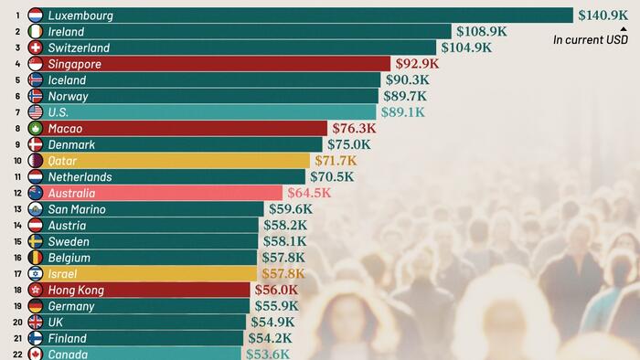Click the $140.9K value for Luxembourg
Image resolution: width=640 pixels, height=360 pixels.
click(604, 15)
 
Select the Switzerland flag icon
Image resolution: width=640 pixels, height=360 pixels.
click(36, 48)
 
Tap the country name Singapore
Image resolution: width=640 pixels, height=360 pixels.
click(74, 64)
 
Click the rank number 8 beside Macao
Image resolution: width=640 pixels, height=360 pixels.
click(16, 129)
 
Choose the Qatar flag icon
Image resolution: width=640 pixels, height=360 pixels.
click(36, 161)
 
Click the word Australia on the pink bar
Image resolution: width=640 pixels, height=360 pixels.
click(71, 194)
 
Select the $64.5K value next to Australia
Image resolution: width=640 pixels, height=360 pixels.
click(309, 193)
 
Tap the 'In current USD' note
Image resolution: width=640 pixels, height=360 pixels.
click(591, 39)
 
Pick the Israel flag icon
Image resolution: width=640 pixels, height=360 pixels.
click(36, 274)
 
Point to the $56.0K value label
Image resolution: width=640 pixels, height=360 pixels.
click(277, 290)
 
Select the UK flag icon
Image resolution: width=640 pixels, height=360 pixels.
click(36, 323)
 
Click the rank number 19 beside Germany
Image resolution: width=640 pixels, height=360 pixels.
click(16, 306)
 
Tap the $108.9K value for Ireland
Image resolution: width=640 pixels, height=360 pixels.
click(481, 31)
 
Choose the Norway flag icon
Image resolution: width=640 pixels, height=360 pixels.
click(36, 96)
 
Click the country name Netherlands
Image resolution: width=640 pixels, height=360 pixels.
click(80, 177)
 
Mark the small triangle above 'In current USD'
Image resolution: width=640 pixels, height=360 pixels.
click(623, 28)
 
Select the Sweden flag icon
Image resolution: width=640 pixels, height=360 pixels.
click(36, 241)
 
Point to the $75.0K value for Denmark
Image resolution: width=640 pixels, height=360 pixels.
click(349, 144)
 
